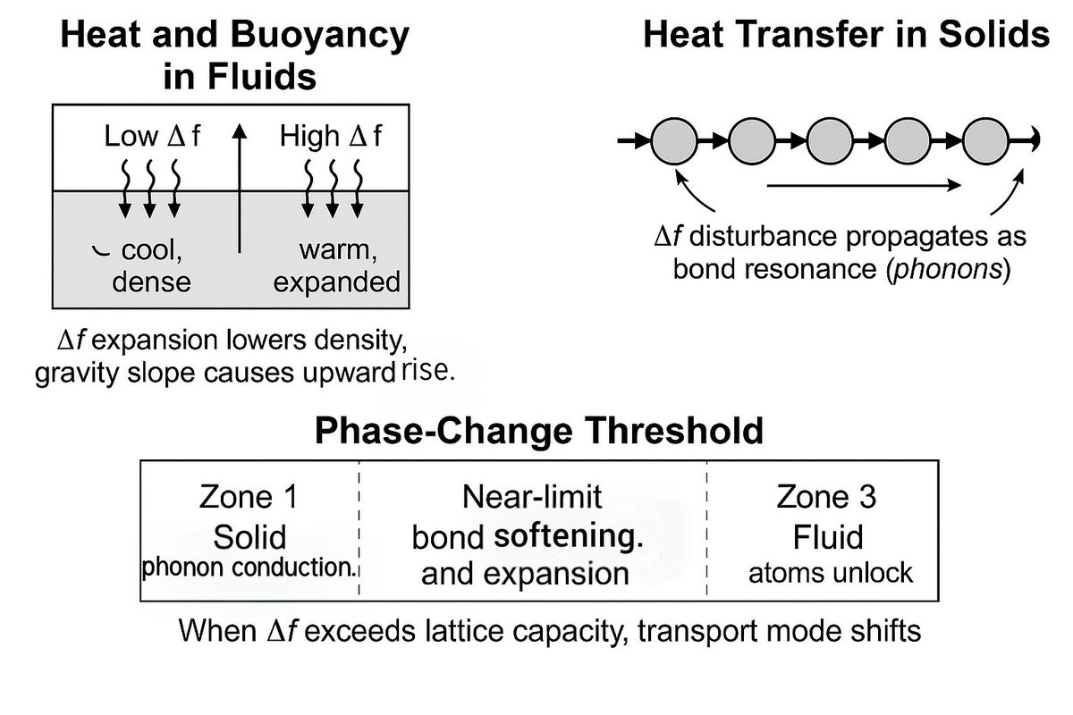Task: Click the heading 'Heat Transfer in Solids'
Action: coord(845,37)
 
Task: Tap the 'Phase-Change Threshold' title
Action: coord(538,432)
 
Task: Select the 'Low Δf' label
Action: coord(153,138)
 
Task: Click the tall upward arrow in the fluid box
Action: coord(239,188)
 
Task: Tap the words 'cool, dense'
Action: coord(151,266)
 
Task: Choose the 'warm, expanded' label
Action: coord(336,266)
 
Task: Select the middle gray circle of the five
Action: coord(830,140)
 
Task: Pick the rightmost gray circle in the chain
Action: coord(985,140)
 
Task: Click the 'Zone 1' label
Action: coord(249,498)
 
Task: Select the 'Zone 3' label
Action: coord(827,498)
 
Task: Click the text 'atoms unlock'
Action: coord(831,571)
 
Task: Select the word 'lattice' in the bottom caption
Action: coord(486,632)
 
